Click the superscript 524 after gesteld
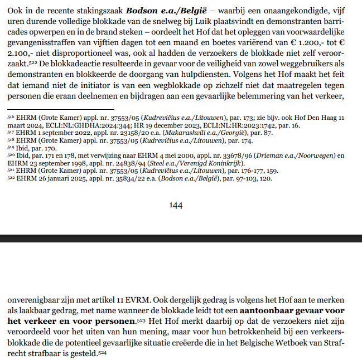point(103,354)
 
